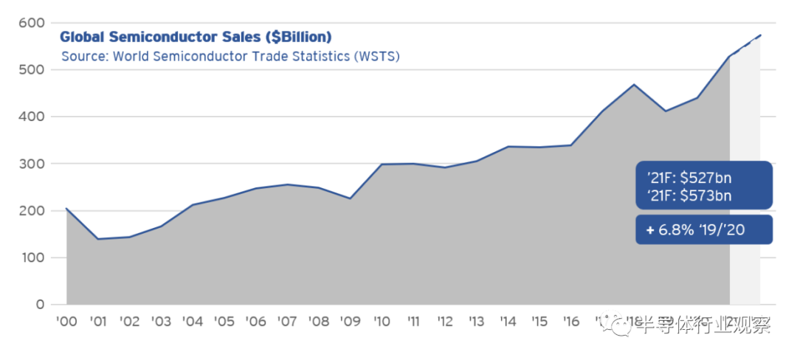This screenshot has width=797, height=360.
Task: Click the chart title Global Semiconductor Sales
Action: tap(196, 37)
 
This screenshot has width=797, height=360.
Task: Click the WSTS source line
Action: tap(230, 57)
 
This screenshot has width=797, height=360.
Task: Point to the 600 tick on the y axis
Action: tap(32, 22)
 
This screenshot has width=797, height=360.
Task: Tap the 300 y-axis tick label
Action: tap(32, 164)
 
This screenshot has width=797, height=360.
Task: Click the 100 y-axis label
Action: tap(32, 258)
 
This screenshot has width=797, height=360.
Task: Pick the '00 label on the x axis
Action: tap(66, 322)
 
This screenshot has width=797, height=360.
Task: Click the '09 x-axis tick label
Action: tap(351, 322)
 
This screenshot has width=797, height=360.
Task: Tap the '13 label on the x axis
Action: tap(477, 322)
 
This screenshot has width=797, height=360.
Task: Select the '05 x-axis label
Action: tap(224, 322)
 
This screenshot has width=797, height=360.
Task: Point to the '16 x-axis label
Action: tap(571, 322)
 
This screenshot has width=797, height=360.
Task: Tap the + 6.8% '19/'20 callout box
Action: tap(703, 230)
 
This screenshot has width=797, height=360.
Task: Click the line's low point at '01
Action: tap(97, 239)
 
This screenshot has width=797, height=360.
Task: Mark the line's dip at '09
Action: tap(351, 198)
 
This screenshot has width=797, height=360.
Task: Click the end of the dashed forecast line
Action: tap(761, 35)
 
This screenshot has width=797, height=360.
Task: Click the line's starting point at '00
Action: tap(66, 208)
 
